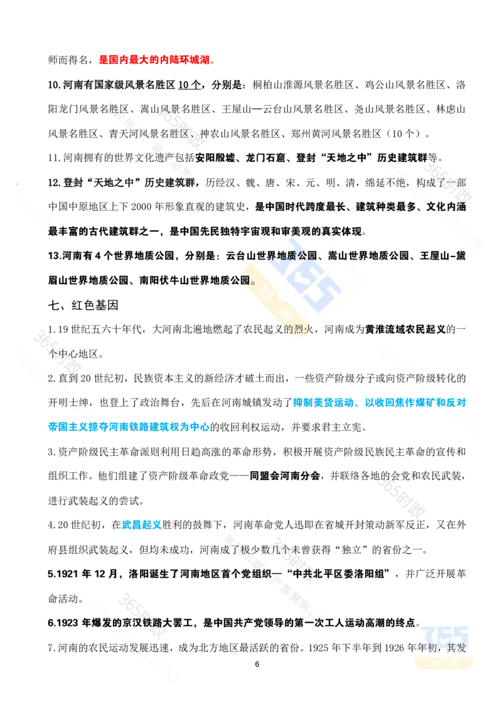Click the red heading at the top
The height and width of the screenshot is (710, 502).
pyautogui.click(x=153, y=60)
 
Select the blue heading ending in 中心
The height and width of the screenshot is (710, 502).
pyautogui.click(x=128, y=427)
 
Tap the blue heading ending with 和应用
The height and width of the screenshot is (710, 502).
pyautogui.click(x=379, y=403)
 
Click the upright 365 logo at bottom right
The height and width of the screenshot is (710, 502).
pyautogui.click(x=444, y=639)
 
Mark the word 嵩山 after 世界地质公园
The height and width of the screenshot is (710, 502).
pyautogui.click(x=339, y=255)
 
